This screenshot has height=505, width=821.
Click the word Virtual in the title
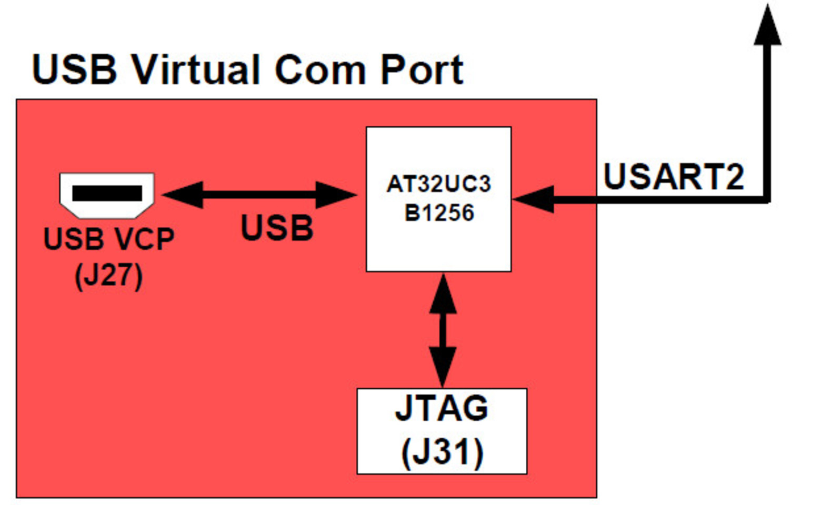point(196,69)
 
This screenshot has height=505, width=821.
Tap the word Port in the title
point(422,69)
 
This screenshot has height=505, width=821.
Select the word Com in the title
point(320,69)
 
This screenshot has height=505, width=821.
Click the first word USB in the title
point(74,69)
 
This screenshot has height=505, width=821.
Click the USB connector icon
point(107,195)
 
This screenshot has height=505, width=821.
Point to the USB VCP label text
point(108,239)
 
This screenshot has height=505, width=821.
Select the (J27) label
point(108,275)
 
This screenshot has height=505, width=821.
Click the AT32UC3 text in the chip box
point(438,184)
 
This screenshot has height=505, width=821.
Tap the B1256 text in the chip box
point(439,213)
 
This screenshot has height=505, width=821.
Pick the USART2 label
point(673,177)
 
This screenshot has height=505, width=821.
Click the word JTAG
point(442,408)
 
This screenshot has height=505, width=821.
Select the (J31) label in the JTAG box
point(442,451)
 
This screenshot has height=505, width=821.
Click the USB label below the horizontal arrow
point(277,228)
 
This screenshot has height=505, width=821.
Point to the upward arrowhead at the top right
point(767,26)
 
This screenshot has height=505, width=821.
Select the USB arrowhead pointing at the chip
point(336,195)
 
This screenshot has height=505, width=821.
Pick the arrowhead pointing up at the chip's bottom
point(443,295)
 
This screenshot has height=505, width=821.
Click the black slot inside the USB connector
point(107,193)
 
